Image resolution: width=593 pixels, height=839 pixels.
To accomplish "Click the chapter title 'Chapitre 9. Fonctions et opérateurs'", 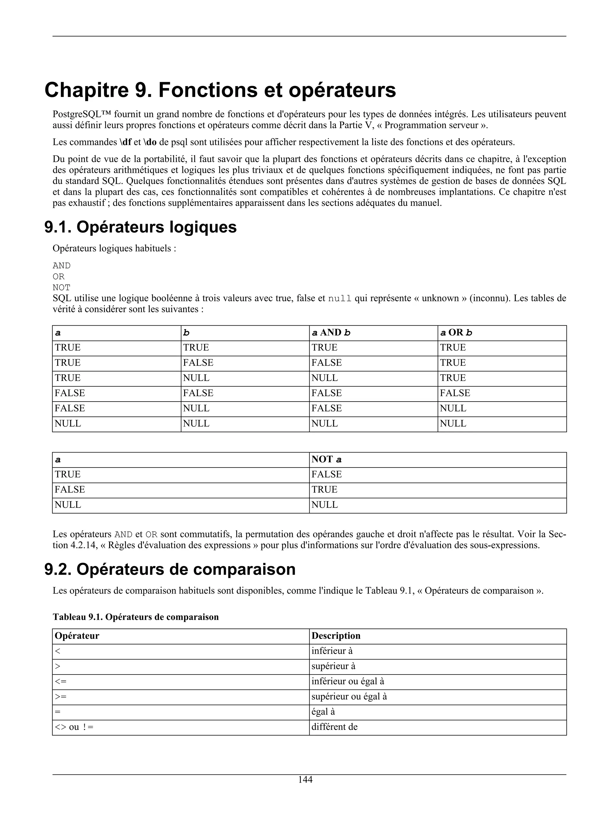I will coord(220,90).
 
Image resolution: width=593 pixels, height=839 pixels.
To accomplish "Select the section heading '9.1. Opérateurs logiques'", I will coord(140,227).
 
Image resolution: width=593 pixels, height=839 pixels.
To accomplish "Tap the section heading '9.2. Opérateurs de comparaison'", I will coord(170,569).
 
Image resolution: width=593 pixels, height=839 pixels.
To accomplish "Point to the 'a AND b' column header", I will coord(331,333).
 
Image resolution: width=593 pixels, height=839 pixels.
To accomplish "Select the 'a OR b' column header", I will coord(456,333).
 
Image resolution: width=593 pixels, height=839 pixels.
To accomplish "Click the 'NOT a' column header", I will coord(326,460).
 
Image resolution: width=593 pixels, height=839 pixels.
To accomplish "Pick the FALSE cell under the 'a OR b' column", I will coord(455,393).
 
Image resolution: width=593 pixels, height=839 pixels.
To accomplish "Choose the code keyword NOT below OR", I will coord(61,287).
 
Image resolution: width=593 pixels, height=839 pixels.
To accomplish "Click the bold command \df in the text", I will coord(125,142).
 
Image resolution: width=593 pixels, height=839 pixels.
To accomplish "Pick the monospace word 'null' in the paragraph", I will coord(340,298).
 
